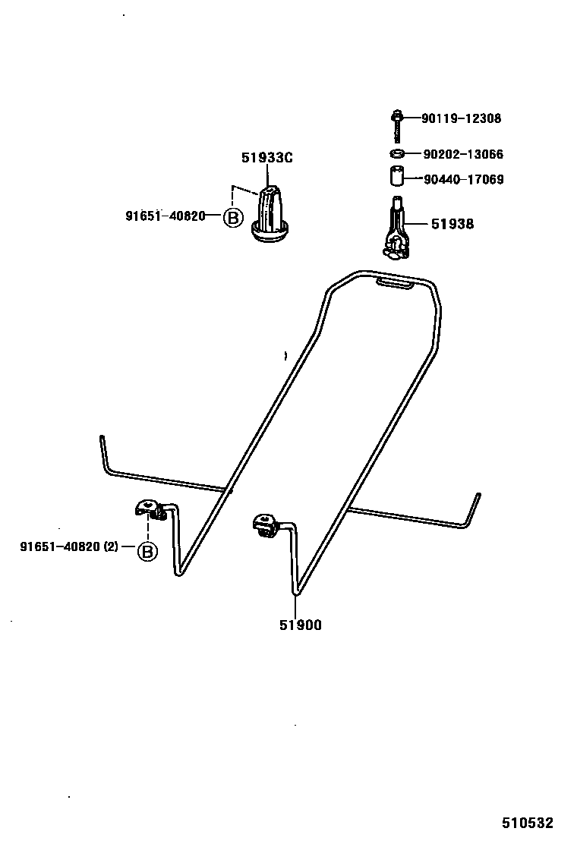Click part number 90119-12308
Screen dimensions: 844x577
(462, 118)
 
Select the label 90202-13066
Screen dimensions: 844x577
(462, 155)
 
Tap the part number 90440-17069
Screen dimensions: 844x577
(462, 180)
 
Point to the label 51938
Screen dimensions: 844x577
(452, 224)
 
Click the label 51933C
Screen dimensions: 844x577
(267, 158)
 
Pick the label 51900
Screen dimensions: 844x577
(299, 625)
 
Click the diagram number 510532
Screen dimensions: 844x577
(527, 823)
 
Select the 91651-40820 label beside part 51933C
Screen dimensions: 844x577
(166, 216)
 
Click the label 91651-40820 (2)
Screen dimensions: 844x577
(69, 546)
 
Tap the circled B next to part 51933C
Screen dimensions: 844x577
(232, 219)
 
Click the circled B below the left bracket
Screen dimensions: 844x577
(147, 551)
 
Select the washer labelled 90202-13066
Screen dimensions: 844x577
(396, 154)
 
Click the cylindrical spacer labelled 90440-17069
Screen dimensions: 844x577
(395, 178)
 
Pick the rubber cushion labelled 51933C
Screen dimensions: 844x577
(271, 214)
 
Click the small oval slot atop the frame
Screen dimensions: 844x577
(395, 283)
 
